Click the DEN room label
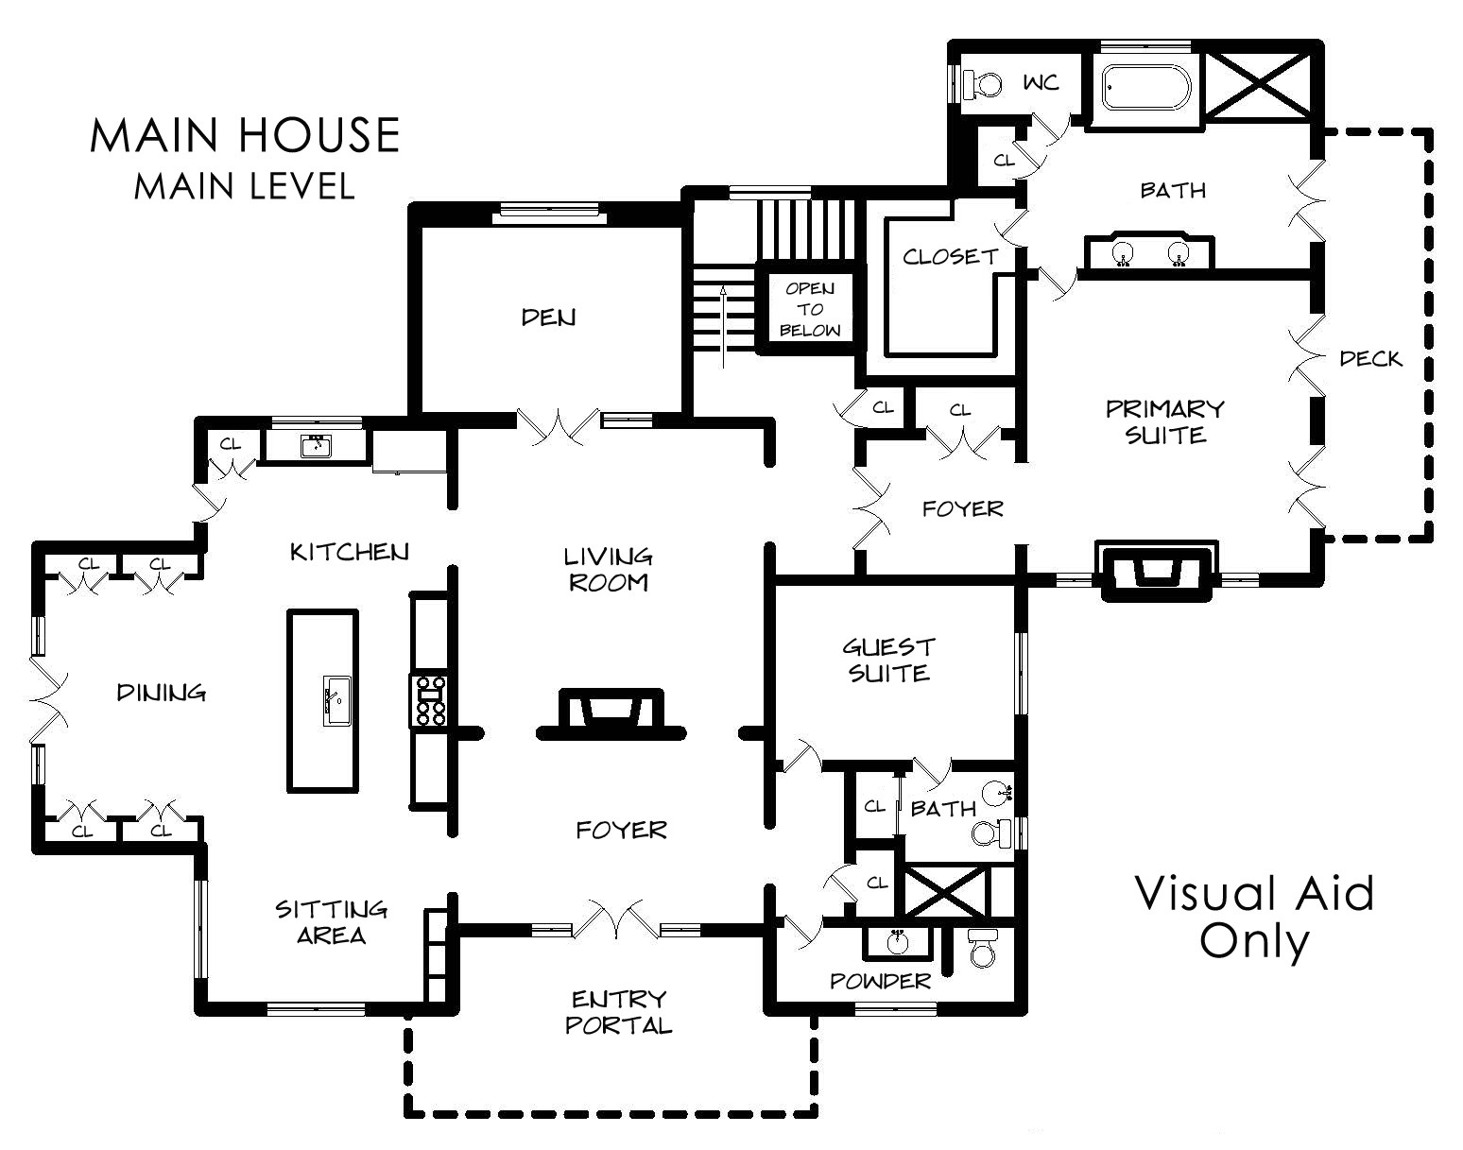pyautogui.click(x=548, y=318)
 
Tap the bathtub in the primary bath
pyautogui.click(x=1146, y=88)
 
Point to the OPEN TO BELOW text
pyautogui.click(x=810, y=309)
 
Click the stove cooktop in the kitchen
pyautogui.click(x=428, y=700)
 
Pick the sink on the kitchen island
pyautogui.click(x=336, y=701)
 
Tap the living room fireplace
pyautogui.click(x=611, y=713)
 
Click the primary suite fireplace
pyautogui.click(x=1157, y=571)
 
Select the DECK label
pyautogui.click(x=1370, y=359)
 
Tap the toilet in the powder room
pyautogui.click(x=982, y=947)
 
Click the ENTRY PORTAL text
pyautogui.click(x=619, y=1012)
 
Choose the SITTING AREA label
pyautogui.click(x=331, y=922)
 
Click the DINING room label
pyautogui.click(x=161, y=693)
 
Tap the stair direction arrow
pyautogui.click(x=723, y=327)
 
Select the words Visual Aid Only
pyautogui.click(x=1254, y=917)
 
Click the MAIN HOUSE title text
pyautogui.click(x=245, y=134)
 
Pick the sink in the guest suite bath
pyautogui.click(x=997, y=793)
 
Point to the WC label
pyautogui.click(x=1041, y=83)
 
